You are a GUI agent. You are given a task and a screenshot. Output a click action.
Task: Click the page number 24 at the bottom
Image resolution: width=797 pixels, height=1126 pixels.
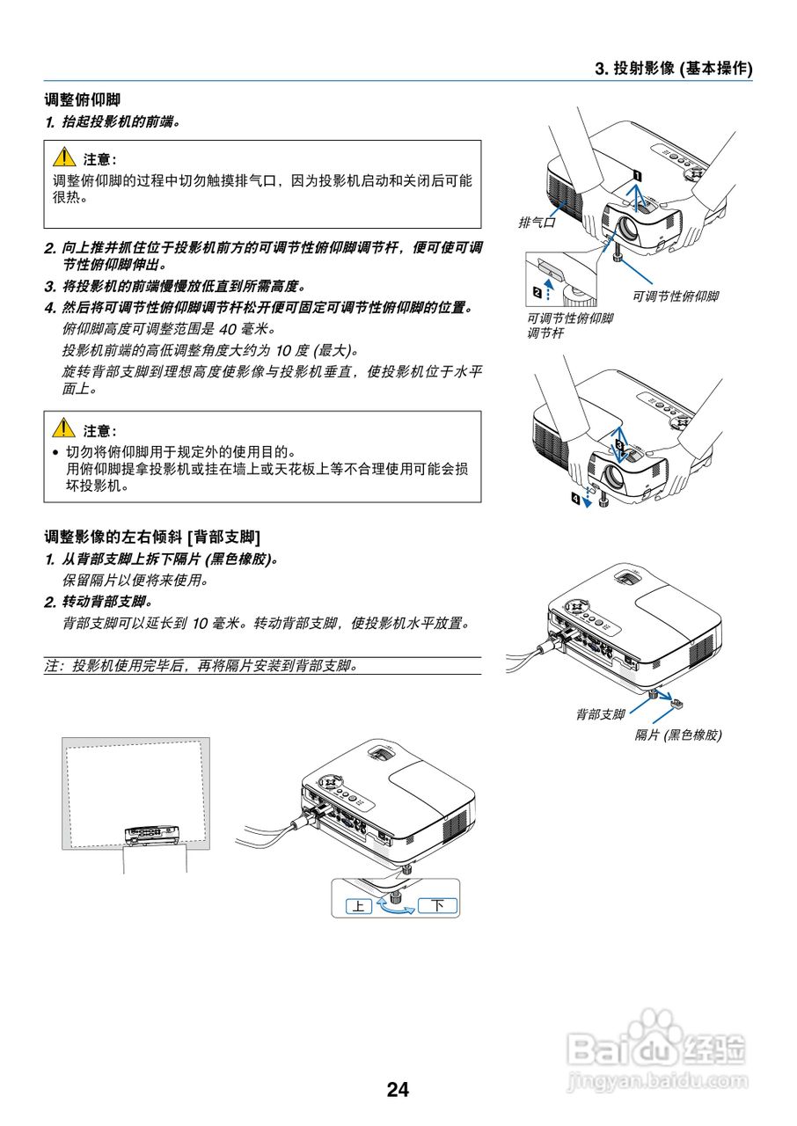click(398, 1090)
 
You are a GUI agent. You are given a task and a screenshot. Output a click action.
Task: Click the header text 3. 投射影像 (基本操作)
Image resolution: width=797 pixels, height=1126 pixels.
click(674, 68)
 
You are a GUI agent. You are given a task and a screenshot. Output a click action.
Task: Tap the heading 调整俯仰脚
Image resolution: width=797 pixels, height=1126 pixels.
click(82, 100)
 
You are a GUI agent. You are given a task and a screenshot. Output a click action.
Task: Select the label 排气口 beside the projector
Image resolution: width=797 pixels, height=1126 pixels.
click(537, 223)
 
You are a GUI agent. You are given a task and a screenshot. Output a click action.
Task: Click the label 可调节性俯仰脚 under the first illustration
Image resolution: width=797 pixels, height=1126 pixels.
click(675, 296)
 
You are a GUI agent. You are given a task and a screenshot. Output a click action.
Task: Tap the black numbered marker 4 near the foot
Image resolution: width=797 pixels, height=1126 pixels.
click(577, 499)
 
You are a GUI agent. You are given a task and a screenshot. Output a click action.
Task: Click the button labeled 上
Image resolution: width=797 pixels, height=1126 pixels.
click(358, 905)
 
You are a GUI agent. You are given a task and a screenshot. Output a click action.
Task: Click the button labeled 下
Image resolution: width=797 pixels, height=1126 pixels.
click(437, 905)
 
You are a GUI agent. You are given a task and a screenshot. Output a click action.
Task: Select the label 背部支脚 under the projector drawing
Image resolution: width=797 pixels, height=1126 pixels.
click(601, 714)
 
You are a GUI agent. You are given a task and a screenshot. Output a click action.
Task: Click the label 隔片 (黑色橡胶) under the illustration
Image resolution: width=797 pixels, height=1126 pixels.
click(678, 735)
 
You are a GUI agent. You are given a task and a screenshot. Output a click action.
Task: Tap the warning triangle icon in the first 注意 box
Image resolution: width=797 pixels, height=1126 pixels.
click(63, 158)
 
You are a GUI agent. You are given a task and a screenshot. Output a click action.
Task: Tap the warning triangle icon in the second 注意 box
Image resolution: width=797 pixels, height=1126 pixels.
click(63, 429)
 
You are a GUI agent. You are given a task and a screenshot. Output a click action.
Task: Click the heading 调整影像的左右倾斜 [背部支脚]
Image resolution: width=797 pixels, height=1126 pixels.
click(152, 536)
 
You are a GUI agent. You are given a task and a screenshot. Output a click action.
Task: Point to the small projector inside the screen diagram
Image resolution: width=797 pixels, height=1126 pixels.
click(152, 833)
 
